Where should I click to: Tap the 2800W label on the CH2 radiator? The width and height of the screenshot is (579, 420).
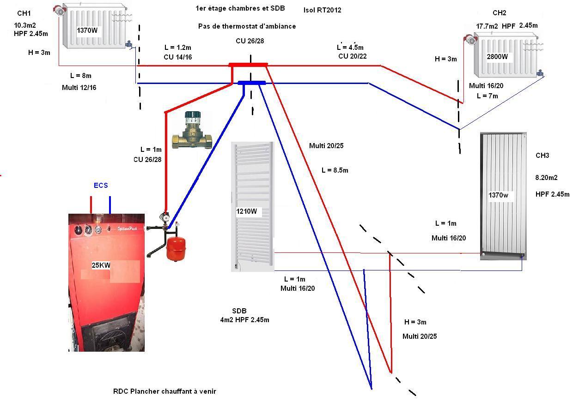[497, 57]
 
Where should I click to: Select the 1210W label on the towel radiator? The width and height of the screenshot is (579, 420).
[246, 212]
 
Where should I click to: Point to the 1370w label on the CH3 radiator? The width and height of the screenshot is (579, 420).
[498, 195]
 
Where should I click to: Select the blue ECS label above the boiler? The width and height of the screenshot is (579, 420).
[101, 186]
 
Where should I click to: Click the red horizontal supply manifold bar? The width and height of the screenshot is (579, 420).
[248, 65]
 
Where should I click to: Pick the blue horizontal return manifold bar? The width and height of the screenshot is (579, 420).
[252, 83]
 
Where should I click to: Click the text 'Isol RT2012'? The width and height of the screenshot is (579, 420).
[323, 10]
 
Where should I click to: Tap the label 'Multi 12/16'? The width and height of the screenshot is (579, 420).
[79, 87]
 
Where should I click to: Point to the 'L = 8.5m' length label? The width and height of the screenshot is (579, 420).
[335, 170]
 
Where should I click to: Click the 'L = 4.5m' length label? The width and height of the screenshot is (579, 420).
[350, 48]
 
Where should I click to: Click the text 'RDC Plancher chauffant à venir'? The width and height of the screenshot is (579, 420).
[165, 391]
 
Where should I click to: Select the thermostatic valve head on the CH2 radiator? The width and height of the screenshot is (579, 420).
[470, 40]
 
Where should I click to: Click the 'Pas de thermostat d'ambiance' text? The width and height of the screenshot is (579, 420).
[247, 26]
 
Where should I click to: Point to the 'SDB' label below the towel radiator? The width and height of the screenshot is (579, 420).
[239, 311]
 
